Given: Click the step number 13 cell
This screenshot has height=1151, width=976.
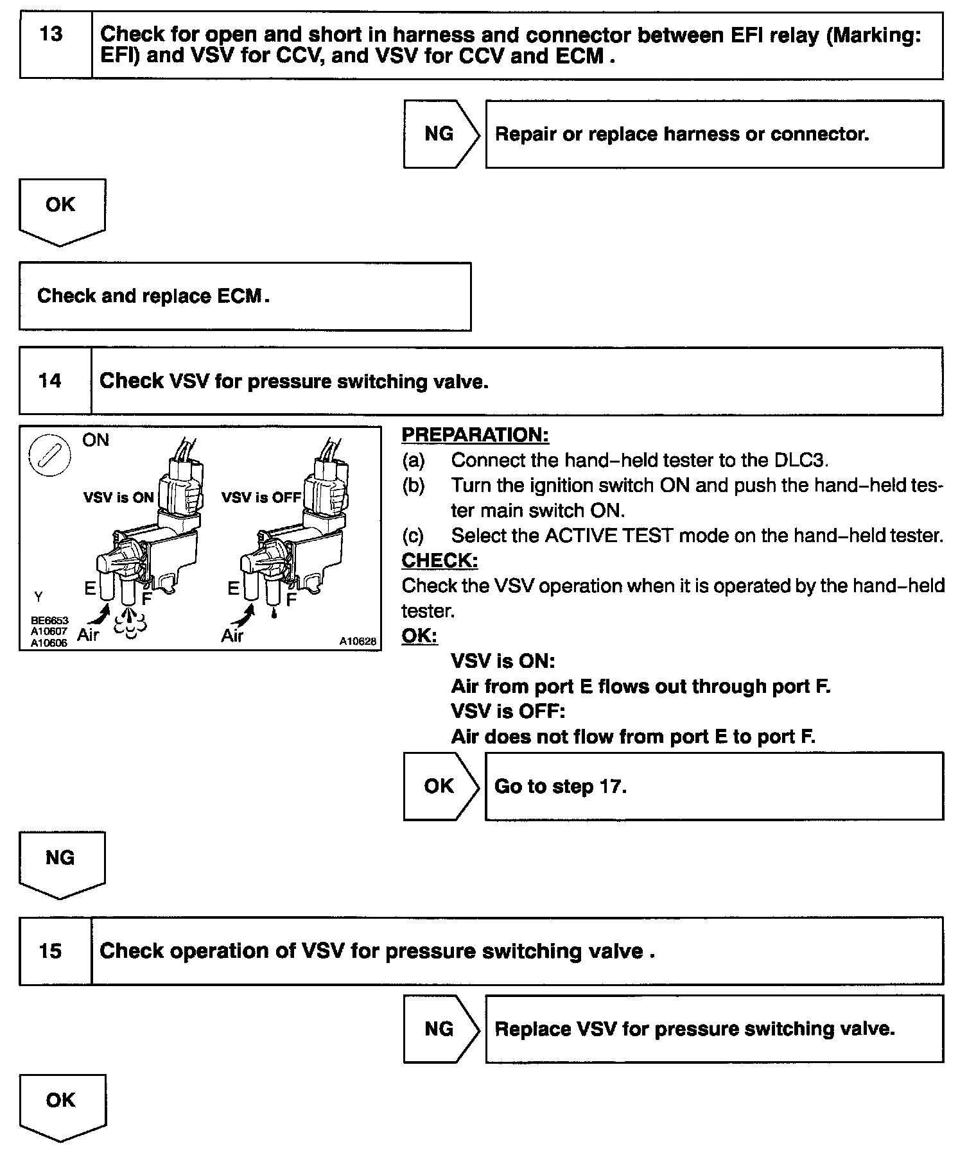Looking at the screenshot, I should coord(55,45).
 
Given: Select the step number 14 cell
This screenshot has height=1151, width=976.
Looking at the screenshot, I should coord(55,381).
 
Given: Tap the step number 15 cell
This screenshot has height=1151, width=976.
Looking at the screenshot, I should coord(55,951).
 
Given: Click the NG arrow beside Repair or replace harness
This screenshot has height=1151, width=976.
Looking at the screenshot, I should coord(440,134).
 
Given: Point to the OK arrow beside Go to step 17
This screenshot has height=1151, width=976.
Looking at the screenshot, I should coord(440,786).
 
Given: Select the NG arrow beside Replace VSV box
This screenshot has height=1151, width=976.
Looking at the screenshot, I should coord(440,1028).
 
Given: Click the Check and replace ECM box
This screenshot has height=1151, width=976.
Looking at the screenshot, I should coord(245,296).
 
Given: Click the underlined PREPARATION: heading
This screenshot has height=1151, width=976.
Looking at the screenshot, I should coord(475,435).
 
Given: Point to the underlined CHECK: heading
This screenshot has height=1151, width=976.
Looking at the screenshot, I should coord(439,560).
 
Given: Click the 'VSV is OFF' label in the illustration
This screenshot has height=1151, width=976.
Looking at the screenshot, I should coord(261,497).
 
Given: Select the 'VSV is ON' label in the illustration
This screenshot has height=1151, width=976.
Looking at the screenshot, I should coord(119,497).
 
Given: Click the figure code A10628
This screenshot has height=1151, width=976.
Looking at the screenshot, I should coord(358,641).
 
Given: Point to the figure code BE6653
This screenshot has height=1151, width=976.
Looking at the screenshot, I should coord(49,621).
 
